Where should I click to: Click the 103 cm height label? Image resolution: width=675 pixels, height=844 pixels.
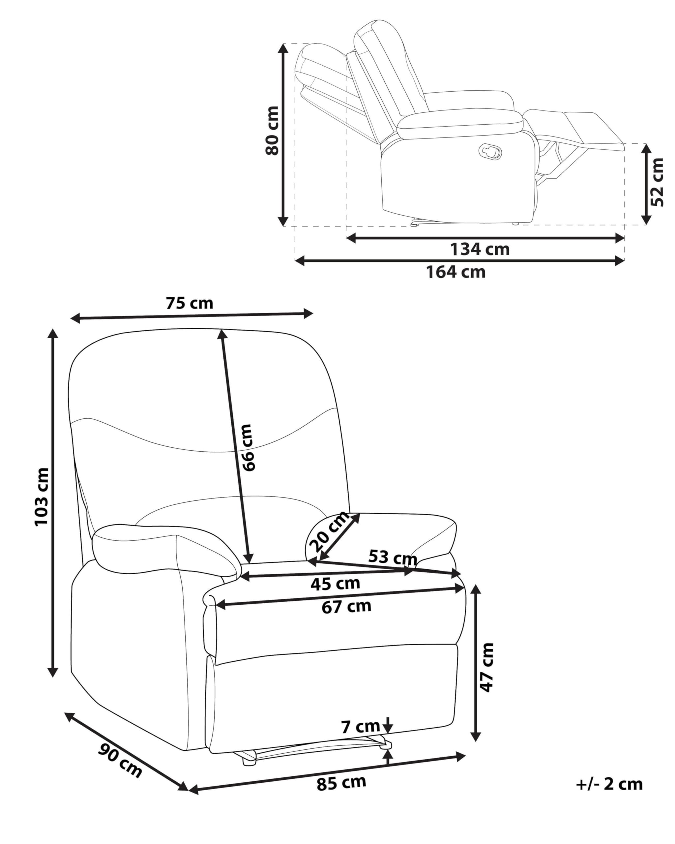[42, 497]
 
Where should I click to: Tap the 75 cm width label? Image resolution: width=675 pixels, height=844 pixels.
[190, 303]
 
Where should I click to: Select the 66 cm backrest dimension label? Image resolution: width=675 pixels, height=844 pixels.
[248, 447]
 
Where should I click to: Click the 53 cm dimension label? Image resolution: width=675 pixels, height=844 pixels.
[393, 556]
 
